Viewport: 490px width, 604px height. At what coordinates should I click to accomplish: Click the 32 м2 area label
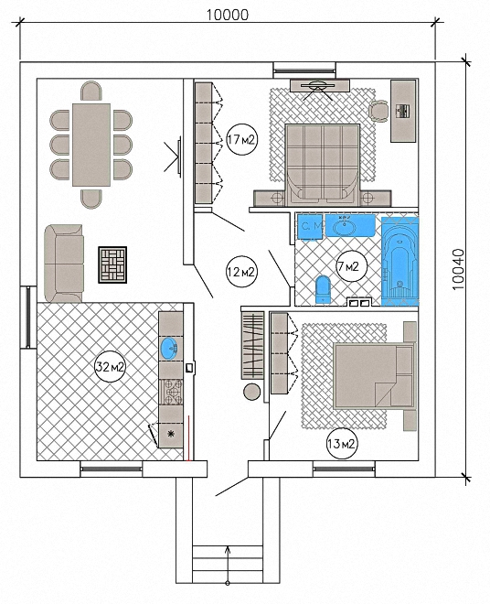(111, 366)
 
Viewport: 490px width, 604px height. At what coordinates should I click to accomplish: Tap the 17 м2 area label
(241, 139)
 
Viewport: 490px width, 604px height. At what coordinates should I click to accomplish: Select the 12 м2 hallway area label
(241, 272)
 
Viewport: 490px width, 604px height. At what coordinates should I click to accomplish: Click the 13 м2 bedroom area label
(342, 444)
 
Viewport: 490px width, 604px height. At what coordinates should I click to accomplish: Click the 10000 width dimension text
(228, 15)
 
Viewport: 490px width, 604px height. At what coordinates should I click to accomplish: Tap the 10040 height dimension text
(458, 269)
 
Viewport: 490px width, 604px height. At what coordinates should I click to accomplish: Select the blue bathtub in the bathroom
(399, 262)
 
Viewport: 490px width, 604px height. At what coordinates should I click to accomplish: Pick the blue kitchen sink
(171, 349)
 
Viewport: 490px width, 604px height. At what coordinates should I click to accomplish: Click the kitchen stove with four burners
(171, 392)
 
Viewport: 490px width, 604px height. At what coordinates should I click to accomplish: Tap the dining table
(91, 145)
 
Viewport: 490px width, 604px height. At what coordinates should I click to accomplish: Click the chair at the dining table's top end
(91, 91)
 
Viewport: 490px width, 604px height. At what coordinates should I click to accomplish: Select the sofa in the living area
(64, 264)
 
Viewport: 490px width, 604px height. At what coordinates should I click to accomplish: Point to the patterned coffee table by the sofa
(112, 265)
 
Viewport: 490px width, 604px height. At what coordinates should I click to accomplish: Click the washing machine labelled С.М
(310, 227)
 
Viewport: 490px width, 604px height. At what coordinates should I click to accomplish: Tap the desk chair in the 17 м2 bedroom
(378, 111)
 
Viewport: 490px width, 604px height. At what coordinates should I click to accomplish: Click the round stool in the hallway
(252, 392)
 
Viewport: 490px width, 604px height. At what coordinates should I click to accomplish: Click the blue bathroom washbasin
(350, 225)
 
